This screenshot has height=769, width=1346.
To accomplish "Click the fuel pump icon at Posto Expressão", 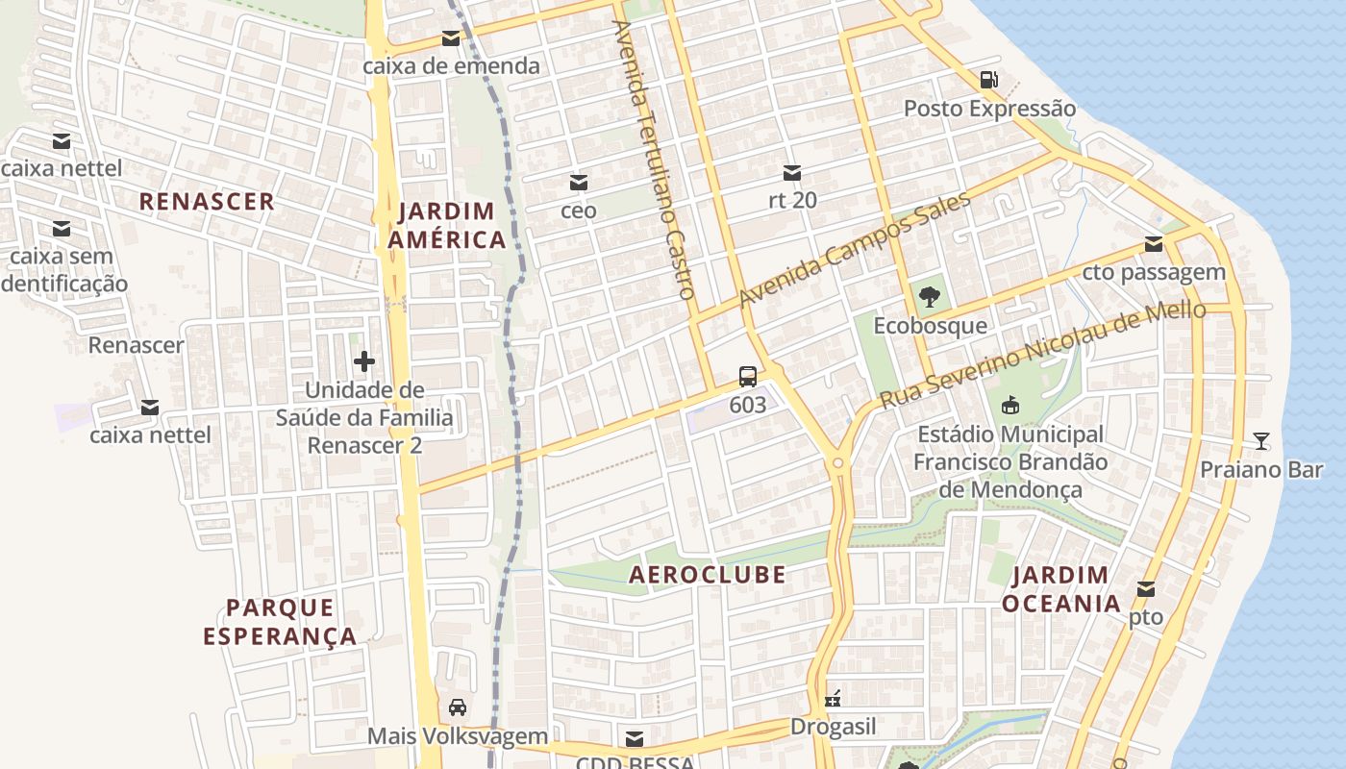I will coord(988,80).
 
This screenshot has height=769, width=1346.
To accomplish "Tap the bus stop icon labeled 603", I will coord(747,377).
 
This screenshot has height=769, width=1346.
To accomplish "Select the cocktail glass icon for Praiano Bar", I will coord(1260,441).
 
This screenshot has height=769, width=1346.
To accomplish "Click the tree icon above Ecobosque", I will coord(929,297).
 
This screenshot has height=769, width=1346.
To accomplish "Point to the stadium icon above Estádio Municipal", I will coord(1009,406).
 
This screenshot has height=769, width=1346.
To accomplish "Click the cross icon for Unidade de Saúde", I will coord(364,361).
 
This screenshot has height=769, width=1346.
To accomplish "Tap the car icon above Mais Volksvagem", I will coord(458,707).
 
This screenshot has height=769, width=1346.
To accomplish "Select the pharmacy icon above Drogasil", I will coord(833,699).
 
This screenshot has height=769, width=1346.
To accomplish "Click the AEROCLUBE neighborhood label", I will coord(707,575).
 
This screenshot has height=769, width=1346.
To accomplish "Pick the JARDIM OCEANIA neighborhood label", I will coord(1060,589).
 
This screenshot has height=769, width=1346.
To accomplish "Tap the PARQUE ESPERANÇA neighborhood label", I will coord(280,621).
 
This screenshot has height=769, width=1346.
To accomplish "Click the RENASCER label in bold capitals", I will coord(207,202).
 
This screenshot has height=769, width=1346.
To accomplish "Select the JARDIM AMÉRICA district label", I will coord(447,225).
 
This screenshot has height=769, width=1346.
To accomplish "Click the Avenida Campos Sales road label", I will coord(855,249).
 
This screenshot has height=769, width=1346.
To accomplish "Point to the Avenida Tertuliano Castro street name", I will coord(653,159).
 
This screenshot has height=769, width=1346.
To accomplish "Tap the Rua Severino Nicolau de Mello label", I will coord(1042,353).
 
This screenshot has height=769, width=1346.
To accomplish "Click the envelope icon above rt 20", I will coord(792,173).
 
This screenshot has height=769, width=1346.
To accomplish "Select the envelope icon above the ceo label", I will coord(579,183).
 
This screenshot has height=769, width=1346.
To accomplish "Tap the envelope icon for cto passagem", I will coord(1153,244).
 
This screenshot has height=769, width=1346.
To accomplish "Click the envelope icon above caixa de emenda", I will coord(450,39).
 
